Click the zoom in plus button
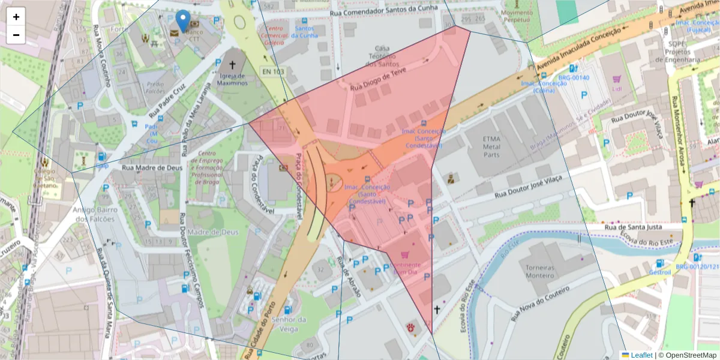(x=16, y=17)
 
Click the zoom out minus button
(x=16, y=35)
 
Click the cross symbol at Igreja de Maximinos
(x=233, y=65)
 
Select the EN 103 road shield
(x=272, y=71)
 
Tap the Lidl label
(x=617, y=89)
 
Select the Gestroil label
(x=659, y=272)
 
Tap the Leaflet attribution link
(x=641, y=355)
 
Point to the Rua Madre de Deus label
(x=152, y=167)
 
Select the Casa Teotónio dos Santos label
(x=382, y=56)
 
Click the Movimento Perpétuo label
(x=516, y=16)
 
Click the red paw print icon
(x=411, y=327)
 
